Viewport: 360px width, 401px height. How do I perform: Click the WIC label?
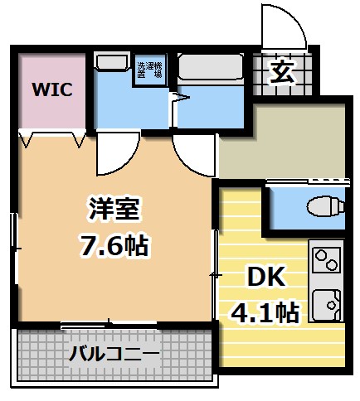tap(52, 89)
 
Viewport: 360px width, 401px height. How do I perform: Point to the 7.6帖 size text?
tap(114, 246)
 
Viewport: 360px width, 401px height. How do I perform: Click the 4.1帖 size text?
tap(265, 312)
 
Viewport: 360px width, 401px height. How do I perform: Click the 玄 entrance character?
tap(282, 71)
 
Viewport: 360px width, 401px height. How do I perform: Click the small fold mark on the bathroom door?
tap(174, 99)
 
